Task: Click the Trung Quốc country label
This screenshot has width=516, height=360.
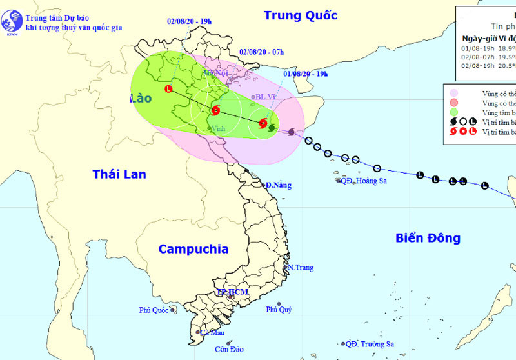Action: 301,15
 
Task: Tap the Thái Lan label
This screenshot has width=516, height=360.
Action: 119,174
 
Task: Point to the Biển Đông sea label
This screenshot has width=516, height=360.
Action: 428,238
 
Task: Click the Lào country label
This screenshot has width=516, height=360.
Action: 139,99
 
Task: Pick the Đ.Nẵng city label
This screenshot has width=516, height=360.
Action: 278,185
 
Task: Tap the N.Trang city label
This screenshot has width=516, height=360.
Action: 300,267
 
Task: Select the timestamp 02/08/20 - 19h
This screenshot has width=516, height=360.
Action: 189,21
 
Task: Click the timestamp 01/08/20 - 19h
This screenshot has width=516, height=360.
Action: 305,74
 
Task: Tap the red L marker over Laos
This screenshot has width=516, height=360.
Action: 168,89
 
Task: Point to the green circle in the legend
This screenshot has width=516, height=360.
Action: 455,112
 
